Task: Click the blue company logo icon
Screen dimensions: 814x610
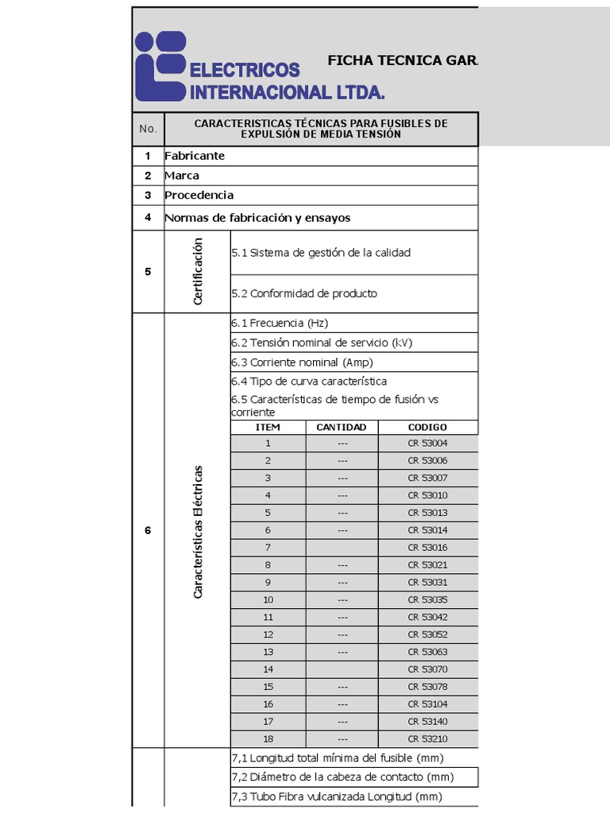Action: [160, 65]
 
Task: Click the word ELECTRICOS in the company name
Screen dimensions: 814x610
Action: [245, 71]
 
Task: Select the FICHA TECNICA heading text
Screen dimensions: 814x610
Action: [402, 60]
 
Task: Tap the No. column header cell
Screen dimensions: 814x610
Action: [148, 129]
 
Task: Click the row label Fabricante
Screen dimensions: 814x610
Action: [195, 156]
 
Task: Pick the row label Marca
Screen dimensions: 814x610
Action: [182, 176]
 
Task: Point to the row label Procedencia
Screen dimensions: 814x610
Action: [199, 196]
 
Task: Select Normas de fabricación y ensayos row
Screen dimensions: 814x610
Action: [257, 218]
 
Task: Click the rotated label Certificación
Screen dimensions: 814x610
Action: [198, 271]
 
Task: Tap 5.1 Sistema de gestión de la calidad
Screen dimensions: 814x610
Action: [321, 253]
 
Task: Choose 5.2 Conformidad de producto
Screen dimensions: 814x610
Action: [304, 293]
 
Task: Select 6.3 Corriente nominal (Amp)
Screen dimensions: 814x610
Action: [302, 362]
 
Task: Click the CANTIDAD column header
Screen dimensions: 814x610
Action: [342, 427]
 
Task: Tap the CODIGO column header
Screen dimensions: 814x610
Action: [427, 427]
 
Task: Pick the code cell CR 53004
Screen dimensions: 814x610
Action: [427, 444]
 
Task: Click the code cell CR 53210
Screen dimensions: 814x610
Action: [427, 738]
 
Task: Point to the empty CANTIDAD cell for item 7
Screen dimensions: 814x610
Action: [342, 548]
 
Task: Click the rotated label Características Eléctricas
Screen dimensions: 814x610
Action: [198, 531]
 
